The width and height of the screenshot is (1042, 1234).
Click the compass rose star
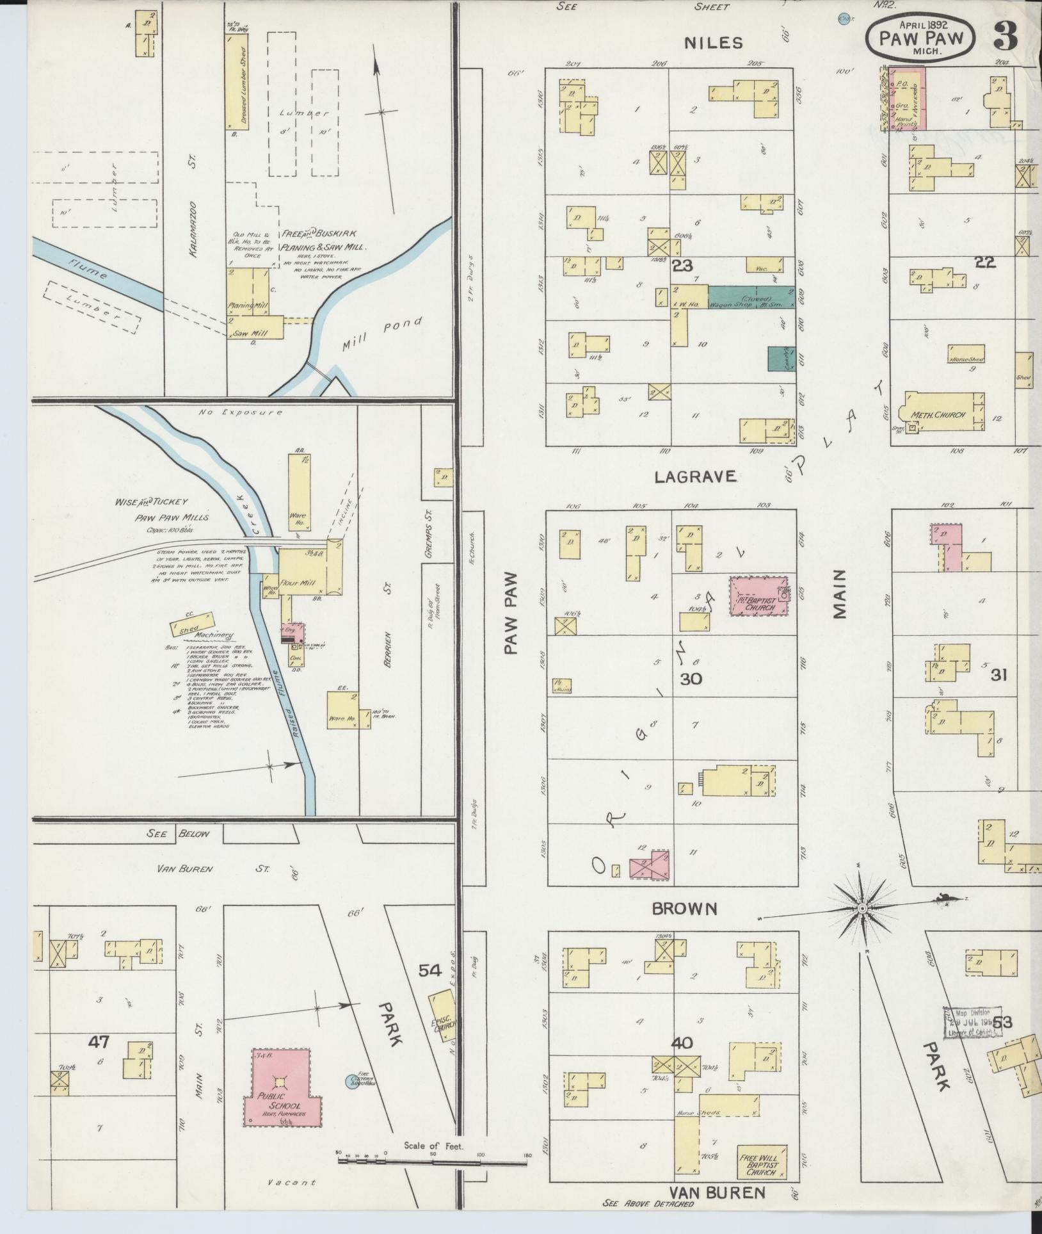tap(862, 908)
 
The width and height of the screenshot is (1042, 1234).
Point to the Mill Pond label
tap(383, 334)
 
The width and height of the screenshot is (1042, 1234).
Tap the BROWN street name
tap(684, 908)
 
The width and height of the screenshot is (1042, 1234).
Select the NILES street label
tap(714, 43)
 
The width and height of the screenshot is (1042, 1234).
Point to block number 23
tap(682, 264)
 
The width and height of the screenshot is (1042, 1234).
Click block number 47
tap(99, 1043)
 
